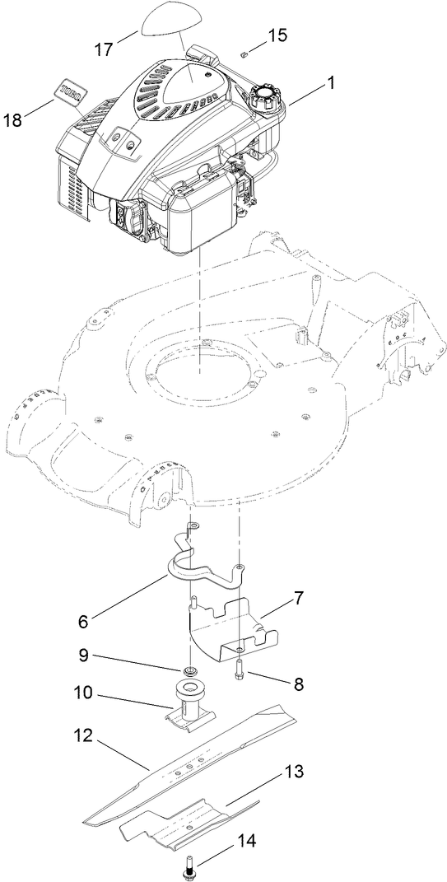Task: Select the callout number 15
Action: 277,35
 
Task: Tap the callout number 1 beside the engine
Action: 331,83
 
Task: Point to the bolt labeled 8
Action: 239,670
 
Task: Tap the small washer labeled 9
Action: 189,669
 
